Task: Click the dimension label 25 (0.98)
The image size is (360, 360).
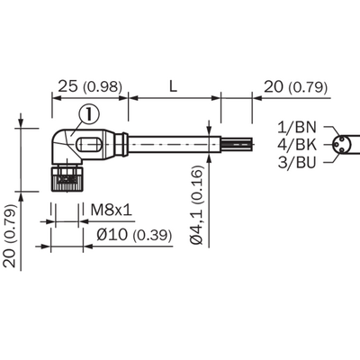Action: [x=90, y=86]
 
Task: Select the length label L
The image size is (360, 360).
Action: [x=173, y=86]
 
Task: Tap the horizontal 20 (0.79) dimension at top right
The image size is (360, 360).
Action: [x=295, y=87]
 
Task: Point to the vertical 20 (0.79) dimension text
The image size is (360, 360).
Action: [x=10, y=236]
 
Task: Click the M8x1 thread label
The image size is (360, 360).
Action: [x=112, y=210]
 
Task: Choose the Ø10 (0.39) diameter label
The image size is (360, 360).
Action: [x=134, y=235]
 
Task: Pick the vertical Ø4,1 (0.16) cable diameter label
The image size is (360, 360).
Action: [x=197, y=205]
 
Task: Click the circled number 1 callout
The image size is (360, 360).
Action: [x=89, y=114]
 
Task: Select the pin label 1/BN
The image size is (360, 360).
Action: [x=297, y=127]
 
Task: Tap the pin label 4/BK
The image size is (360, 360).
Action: [x=297, y=145]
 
